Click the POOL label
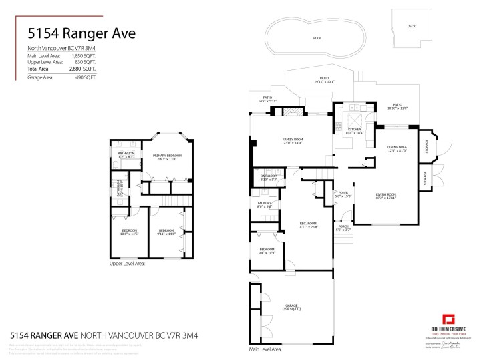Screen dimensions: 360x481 pyautogui.click(x=317, y=38)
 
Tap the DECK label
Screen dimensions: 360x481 pyautogui.click(x=411, y=26)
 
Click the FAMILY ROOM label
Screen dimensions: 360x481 pyautogui.click(x=293, y=140)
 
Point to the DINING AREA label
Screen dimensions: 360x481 pyautogui.click(x=396, y=148)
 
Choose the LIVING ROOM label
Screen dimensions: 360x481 pyautogui.click(x=385, y=195)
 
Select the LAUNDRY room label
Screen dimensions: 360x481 pyautogui.click(x=263, y=205)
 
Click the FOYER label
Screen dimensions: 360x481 pyautogui.click(x=343, y=194)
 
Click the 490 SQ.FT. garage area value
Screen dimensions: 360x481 pyautogui.click(x=86, y=77)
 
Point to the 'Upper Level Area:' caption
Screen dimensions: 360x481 pyautogui.click(x=128, y=264)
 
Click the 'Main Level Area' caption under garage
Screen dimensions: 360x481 pyautogui.click(x=265, y=349)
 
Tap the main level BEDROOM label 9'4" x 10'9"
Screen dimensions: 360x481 pyautogui.click(x=267, y=250)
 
